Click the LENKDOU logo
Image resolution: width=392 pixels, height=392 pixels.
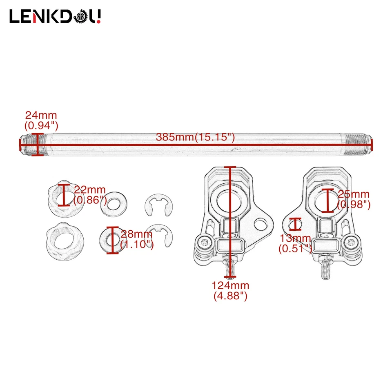(55, 17)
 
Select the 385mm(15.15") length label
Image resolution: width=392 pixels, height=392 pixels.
(195, 137)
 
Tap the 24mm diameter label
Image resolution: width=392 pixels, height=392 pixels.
(41, 119)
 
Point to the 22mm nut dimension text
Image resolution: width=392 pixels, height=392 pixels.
(90, 195)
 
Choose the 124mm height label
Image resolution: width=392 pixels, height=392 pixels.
(231, 291)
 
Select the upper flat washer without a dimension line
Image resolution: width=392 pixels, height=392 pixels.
(114, 202)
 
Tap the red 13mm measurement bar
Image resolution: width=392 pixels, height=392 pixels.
(295, 224)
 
